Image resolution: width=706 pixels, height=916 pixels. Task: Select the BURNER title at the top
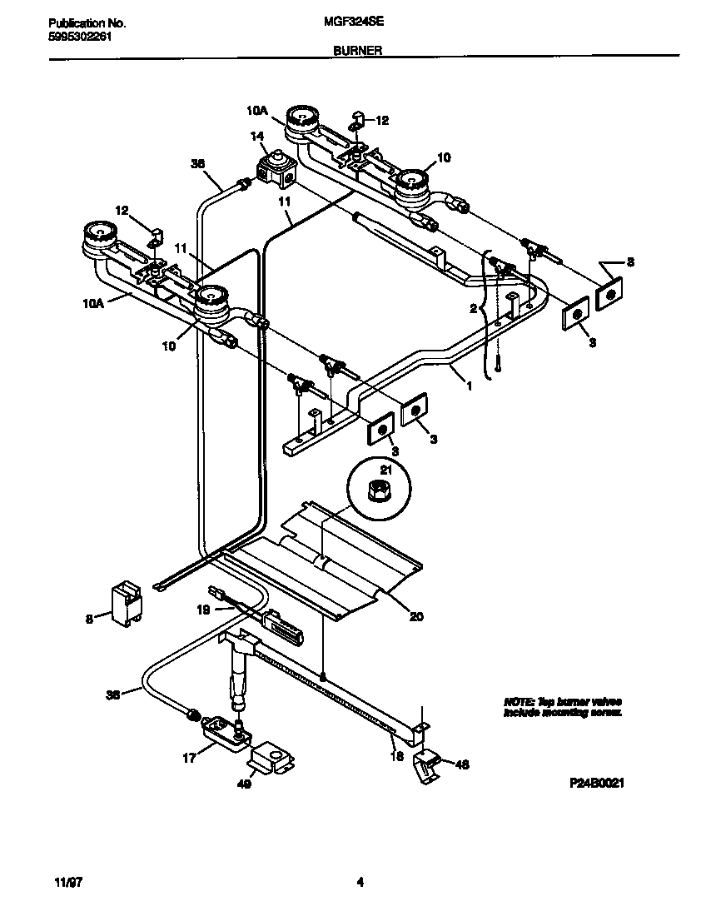(x=358, y=50)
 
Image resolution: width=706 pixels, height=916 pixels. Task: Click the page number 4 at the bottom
(x=360, y=882)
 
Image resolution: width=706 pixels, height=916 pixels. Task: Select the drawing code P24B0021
(x=597, y=784)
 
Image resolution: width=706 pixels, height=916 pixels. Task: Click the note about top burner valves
(x=562, y=707)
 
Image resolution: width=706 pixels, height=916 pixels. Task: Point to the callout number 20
(x=416, y=617)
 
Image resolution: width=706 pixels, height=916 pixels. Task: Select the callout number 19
(x=202, y=610)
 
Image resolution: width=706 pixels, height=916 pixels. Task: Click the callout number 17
(x=189, y=758)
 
